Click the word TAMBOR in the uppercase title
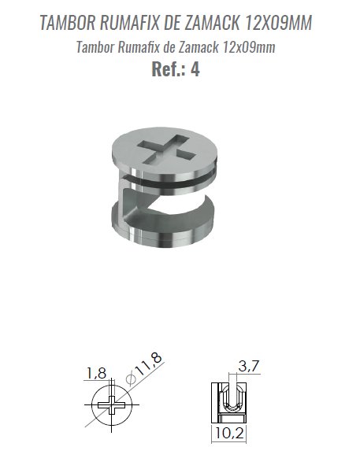click(68, 23)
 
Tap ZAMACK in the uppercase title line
click(212, 23)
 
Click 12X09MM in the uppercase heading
click(278, 23)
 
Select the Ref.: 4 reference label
click(176, 69)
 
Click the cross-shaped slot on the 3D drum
click(167, 149)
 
